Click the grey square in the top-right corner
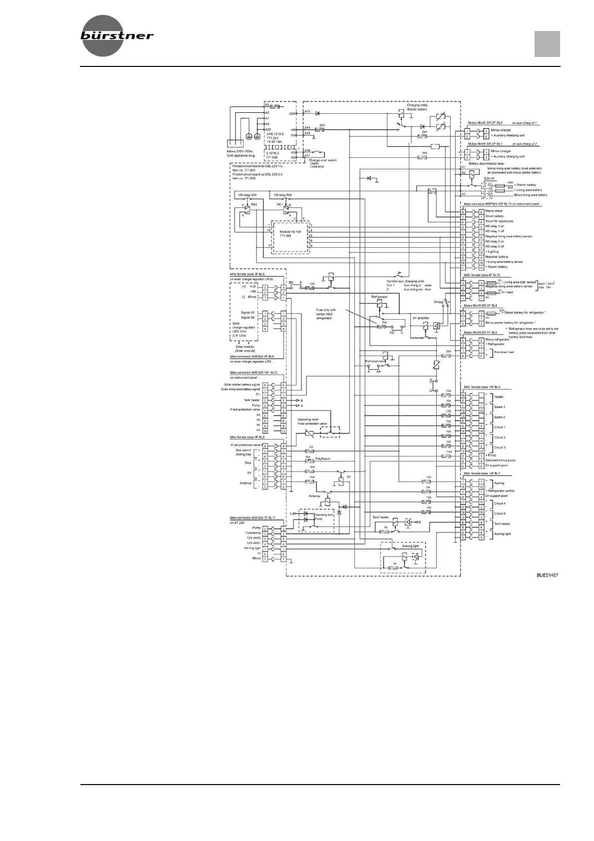[x=547, y=44]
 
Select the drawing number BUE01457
[x=547, y=575]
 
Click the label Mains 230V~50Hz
[x=240, y=151]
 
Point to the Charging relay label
[x=417, y=105]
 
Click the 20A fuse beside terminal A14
[x=322, y=129]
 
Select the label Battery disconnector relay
[x=487, y=163]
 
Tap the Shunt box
[x=432, y=191]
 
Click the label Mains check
[x=494, y=211]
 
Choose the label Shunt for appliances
[x=499, y=221]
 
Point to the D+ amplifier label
[x=421, y=318]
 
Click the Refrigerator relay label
[x=379, y=297]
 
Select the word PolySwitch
[x=322, y=458]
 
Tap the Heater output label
[x=499, y=397]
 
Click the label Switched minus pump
[x=500, y=460]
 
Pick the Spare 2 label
[x=499, y=417]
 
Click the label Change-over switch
[x=322, y=160]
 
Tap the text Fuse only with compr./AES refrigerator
[x=326, y=314]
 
